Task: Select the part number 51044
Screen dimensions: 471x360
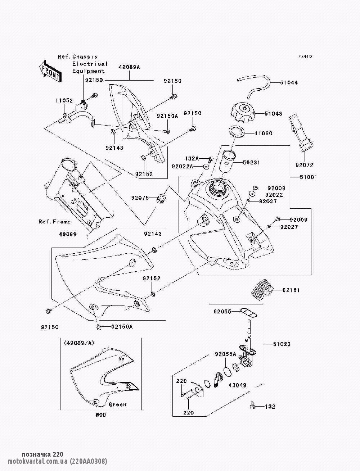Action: click(289, 82)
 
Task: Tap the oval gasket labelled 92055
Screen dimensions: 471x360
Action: click(248, 312)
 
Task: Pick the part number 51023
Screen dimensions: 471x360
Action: click(281, 344)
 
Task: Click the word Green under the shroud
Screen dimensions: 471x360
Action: click(118, 404)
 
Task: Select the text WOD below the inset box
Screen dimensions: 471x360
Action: click(100, 415)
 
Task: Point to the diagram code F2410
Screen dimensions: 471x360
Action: click(305, 56)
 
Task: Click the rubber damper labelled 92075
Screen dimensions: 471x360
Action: click(161, 199)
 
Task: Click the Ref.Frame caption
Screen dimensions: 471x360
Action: click(55, 221)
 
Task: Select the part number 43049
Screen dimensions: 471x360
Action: click(237, 385)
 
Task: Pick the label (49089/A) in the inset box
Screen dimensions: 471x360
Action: click(79, 343)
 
